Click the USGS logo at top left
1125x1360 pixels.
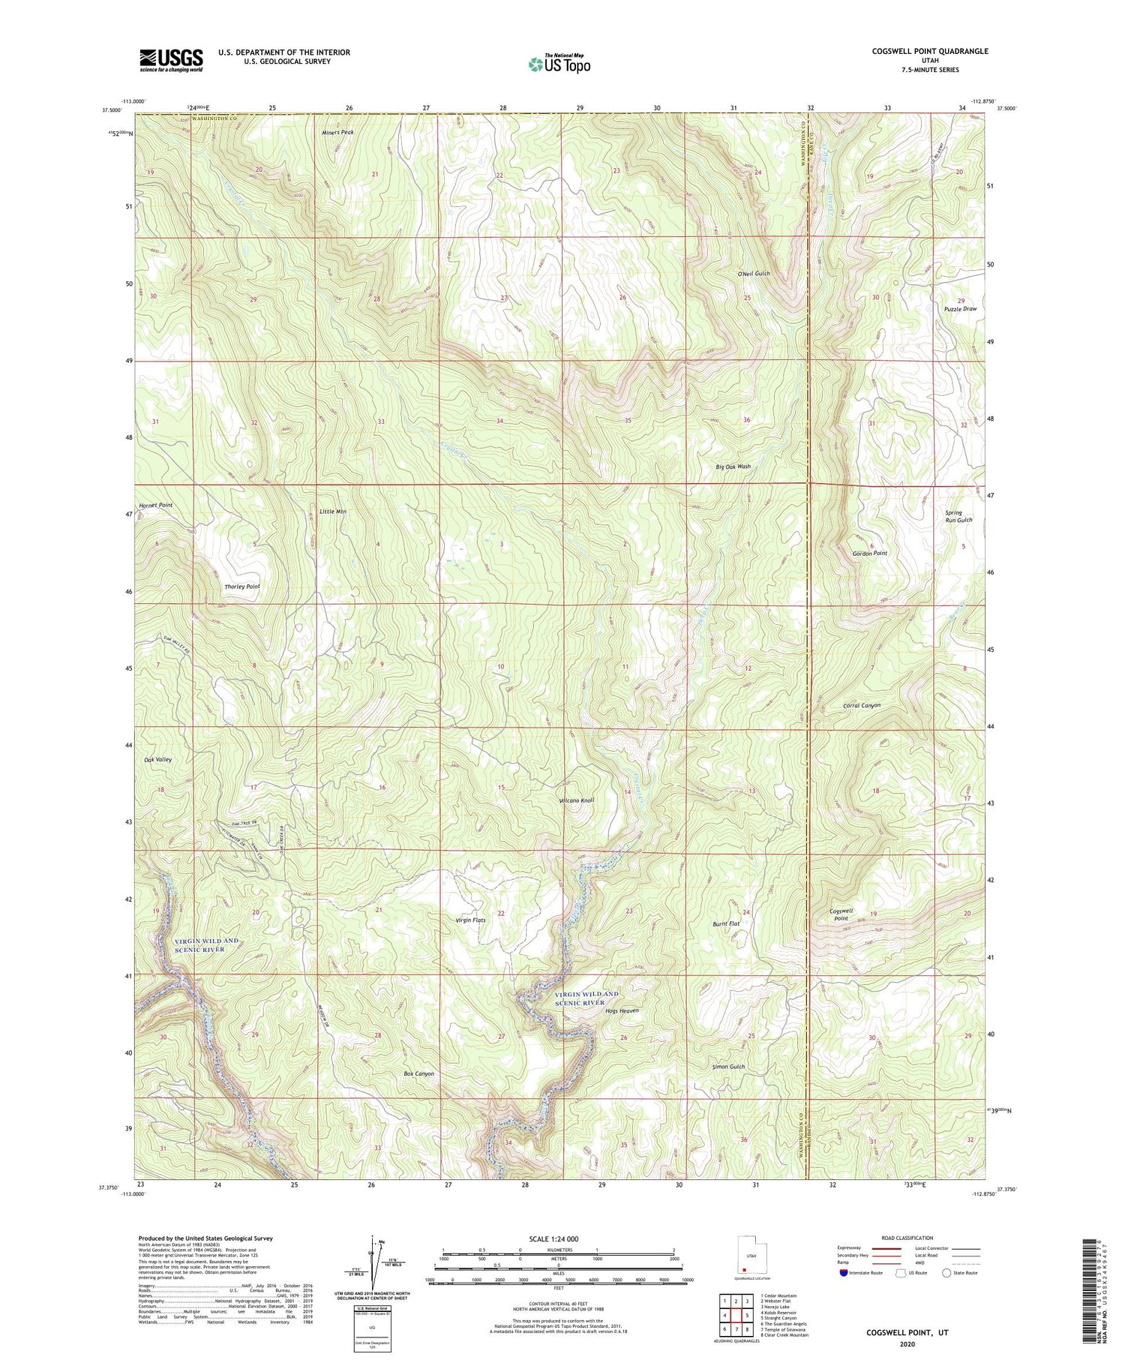(x=171, y=60)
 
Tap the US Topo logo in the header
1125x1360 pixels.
(x=559, y=65)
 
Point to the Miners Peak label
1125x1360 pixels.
(x=337, y=132)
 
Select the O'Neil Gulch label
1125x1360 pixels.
(x=754, y=275)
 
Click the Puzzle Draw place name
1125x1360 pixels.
(x=961, y=309)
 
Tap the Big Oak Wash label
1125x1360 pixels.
(x=733, y=467)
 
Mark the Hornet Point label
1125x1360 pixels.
(x=155, y=506)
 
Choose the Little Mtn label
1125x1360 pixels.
(x=332, y=512)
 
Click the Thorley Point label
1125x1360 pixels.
(x=242, y=586)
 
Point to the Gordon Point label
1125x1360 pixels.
(x=869, y=553)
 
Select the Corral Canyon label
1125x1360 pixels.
(x=862, y=706)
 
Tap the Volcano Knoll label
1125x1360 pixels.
(x=576, y=800)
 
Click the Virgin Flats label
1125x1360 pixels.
(x=471, y=920)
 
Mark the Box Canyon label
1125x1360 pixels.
(x=418, y=1073)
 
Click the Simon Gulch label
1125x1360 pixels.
(x=728, y=1067)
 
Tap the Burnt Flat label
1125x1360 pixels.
(x=726, y=924)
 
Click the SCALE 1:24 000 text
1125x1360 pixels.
(x=558, y=1238)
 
